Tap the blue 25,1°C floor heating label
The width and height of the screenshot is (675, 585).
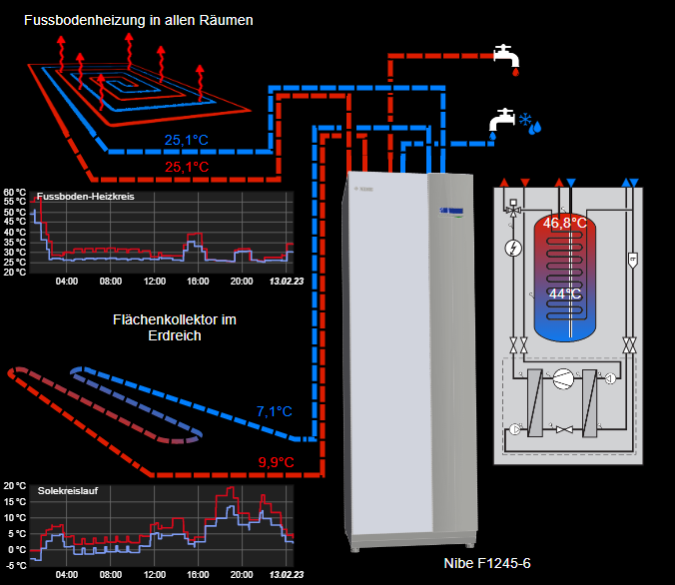point(187,140)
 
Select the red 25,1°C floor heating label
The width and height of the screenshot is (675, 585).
point(187,167)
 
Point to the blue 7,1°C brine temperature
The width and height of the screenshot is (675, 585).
point(274,411)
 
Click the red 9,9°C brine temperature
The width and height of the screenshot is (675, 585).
point(276,461)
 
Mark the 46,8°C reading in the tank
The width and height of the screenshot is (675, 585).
point(564,223)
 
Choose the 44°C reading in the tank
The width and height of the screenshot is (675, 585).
point(564,293)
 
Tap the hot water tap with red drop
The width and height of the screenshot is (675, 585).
point(507,56)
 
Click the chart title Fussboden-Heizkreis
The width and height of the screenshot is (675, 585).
point(85,197)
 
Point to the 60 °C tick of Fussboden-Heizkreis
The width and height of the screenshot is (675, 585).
point(15,192)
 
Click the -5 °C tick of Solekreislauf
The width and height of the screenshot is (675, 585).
point(15,565)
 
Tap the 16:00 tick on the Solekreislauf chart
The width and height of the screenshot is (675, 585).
point(198,576)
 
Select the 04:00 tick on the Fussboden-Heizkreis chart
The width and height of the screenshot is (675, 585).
point(67,282)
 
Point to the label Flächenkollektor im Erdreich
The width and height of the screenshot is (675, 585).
point(175,327)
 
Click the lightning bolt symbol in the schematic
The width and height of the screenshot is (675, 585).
point(513,247)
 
